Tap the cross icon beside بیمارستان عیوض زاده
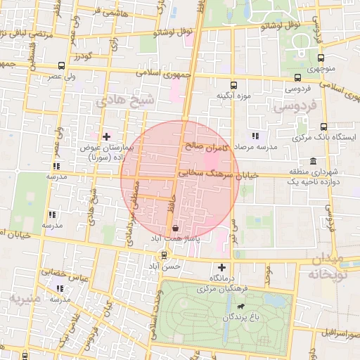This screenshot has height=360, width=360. pyautogui.click(x=106, y=136)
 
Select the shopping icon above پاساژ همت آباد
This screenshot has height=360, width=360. pyautogui.click(x=174, y=229)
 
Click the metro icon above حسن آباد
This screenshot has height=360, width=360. pyautogui.click(x=164, y=255)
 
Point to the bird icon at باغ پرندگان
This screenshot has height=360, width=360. pyautogui.click(x=241, y=307)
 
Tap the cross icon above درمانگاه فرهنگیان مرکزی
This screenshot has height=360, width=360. pyautogui.click(x=222, y=267)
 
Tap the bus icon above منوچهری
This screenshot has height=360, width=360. pyautogui.click(x=321, y=59)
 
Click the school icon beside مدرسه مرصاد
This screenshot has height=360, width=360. pyautogui.click(x=255, y=136)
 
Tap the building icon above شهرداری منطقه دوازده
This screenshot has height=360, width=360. pyautogui.click(x=313, y=160)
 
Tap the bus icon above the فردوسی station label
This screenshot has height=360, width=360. pyautogui.click(x=299, y=77)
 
